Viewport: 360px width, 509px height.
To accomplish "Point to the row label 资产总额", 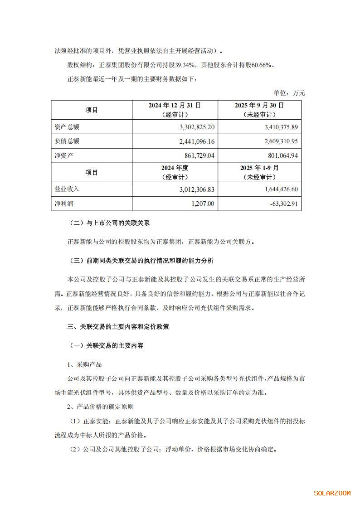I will click(67, 127).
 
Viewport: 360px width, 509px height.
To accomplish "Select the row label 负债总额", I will click(67, 141).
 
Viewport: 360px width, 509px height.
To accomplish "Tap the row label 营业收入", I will click(67, 189).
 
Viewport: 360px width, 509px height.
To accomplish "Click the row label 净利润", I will click(64, 204).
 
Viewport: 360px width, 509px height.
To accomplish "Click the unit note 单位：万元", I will click(289, 93).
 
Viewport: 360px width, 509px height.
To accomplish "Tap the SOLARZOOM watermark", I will click(332, 493).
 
